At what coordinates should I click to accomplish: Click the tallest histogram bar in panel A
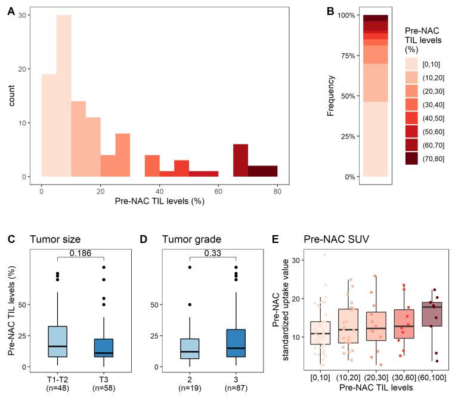[x=64, y=96]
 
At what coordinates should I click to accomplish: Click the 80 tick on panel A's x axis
[x=277, y=190]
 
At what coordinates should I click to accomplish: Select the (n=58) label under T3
[x=104, y=388]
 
